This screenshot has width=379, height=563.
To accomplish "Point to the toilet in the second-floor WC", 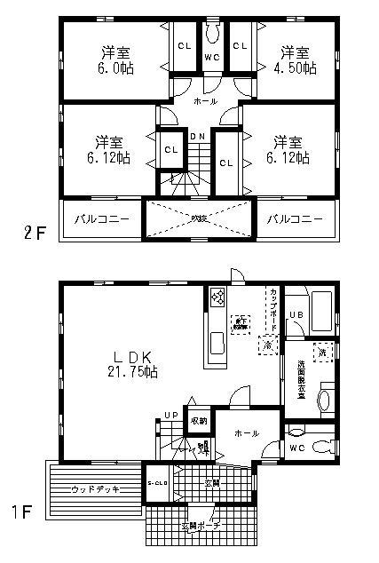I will tap(211, 34).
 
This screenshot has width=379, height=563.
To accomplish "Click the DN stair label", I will tap(200, 136).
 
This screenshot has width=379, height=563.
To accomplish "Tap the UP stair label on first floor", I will tap(170, 414).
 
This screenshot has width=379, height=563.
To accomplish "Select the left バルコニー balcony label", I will tap(100, 218).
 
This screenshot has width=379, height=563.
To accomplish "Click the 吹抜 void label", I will tap(198, 218).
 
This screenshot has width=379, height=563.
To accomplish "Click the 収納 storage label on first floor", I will tap(197, 420).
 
